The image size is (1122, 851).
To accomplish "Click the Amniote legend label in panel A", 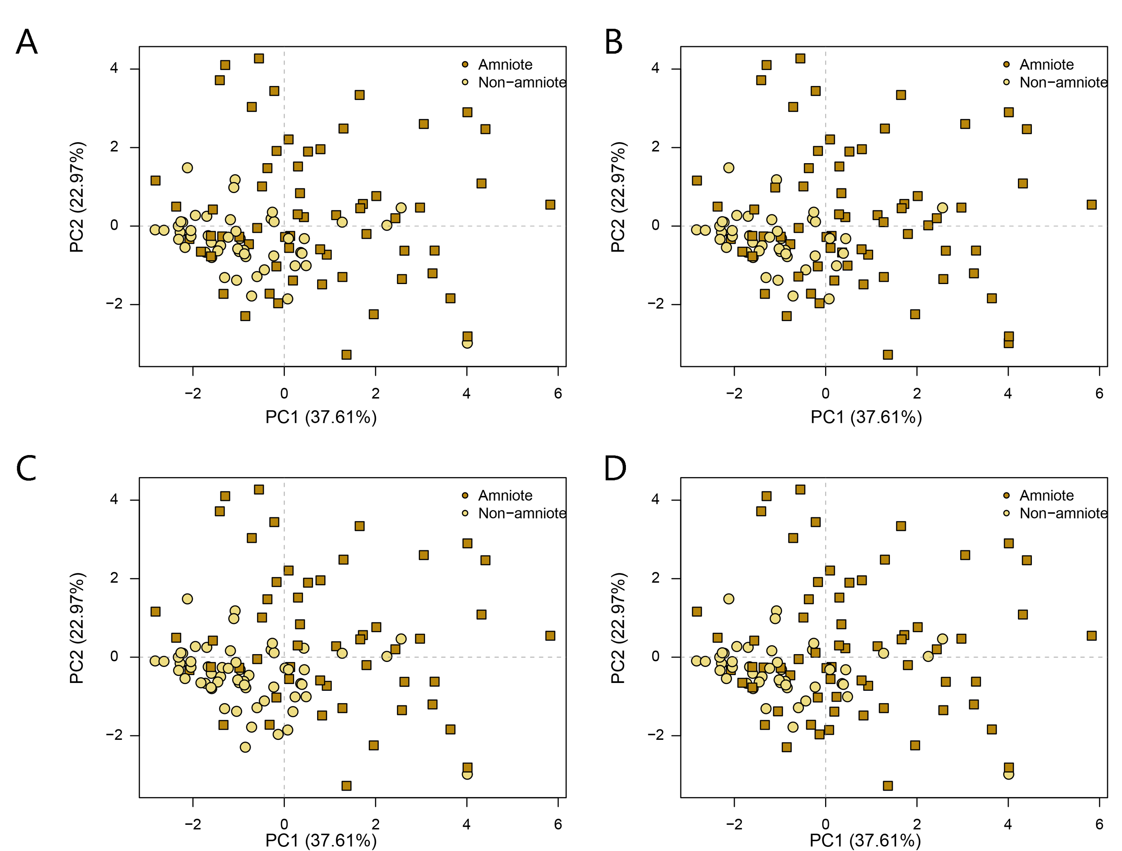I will (x=505, y=65).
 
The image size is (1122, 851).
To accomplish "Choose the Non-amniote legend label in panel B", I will (x=1063, y=82).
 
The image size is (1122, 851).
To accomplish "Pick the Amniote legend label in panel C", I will (x=505, y=495).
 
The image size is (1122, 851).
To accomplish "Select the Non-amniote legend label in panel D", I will (x=1063, y=513).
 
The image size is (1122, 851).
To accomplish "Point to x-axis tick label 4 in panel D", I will (x=1008, y=824).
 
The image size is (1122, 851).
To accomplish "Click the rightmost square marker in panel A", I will (x=550, y=204).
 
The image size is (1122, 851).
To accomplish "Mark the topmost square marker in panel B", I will (x=800, y=58).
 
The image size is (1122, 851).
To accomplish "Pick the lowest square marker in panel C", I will (x=346, y=786).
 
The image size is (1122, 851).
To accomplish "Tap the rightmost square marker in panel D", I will (x=1091, y=635).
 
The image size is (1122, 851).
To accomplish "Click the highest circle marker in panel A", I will (x=187, y=168).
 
